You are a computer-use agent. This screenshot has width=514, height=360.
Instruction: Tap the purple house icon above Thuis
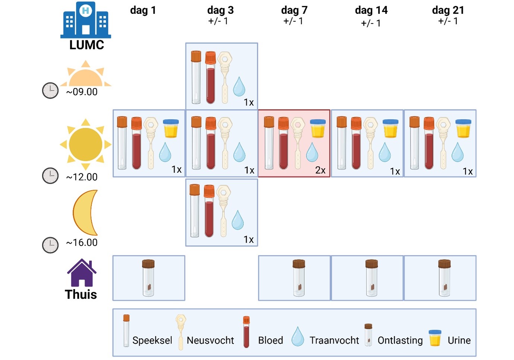[x=82, y=273]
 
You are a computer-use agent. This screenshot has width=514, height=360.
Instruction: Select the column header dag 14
[x=371, y=10]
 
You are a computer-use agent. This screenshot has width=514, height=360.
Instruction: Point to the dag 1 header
[x=143, y=10]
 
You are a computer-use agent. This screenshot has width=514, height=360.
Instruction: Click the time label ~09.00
[x=82, y=92]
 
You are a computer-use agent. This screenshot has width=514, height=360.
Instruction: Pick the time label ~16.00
[x=82, y=242]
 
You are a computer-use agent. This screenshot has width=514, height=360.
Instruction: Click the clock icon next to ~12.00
[x=50, y=176]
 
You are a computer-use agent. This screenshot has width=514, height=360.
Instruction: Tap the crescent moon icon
[x=86, y=212]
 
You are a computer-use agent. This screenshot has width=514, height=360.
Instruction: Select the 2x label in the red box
[x=320, y=170]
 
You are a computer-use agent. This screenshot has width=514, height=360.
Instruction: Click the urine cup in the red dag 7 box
[x=318, y=129]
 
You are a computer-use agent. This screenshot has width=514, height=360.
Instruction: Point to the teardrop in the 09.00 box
[x=239, y=87]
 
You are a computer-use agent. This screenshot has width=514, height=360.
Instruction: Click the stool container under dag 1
[x=148, y=278]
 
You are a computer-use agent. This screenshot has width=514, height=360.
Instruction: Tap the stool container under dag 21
[x=444, y=278]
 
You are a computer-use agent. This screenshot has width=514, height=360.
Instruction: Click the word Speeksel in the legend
[x=152, y=340]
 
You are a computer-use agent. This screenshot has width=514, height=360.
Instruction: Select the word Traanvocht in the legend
[x=334, y=340]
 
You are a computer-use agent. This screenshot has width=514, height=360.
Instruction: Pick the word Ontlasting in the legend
[x=400, y=340]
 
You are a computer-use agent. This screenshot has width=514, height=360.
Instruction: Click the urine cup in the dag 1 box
[x=171, y=129]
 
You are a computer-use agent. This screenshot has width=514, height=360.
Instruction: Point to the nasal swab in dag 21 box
[x=444, y=143]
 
